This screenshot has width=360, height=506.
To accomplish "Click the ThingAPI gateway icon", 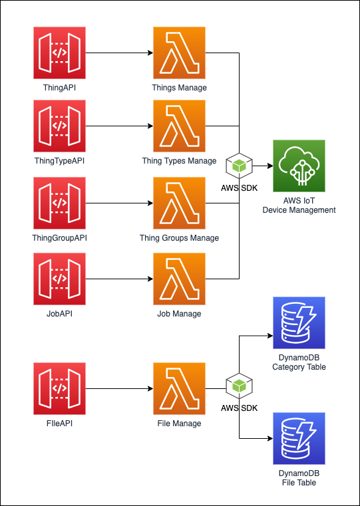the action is pos(59,53).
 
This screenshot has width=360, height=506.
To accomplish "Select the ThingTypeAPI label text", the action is pos(59,161).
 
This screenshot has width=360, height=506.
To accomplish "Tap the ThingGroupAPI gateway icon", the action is pos(59,203).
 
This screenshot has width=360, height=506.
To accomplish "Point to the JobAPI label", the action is pos(59,314).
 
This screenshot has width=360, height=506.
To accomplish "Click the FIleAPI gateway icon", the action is pos(59,388).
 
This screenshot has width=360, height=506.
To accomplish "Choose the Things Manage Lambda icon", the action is pos(179,53).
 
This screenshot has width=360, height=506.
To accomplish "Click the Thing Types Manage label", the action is pos(179,161).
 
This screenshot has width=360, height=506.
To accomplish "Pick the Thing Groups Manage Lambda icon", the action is pos(179,203).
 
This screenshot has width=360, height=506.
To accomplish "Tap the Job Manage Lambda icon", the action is pos(179,279).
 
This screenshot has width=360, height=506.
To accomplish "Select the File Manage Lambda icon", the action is pos(179,388).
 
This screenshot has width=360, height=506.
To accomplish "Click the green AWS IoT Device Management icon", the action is pos(299,166).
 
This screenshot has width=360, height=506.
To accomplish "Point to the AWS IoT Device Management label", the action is pos(299,205).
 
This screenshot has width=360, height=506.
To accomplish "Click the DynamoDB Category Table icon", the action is pos(299,323).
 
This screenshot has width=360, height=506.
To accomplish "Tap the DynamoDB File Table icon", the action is pos(299,439).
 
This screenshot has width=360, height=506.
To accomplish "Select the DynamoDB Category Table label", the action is pos(299,362).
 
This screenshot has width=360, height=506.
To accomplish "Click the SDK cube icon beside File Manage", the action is pos(240,386).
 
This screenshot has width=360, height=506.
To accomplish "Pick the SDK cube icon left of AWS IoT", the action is pos(240,166).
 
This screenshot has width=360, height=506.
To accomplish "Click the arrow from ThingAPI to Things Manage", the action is pos(120,53).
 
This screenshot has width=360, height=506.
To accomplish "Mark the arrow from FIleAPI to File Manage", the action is pos(120,388).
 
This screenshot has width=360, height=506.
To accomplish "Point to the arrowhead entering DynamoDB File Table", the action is pos(271,439).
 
